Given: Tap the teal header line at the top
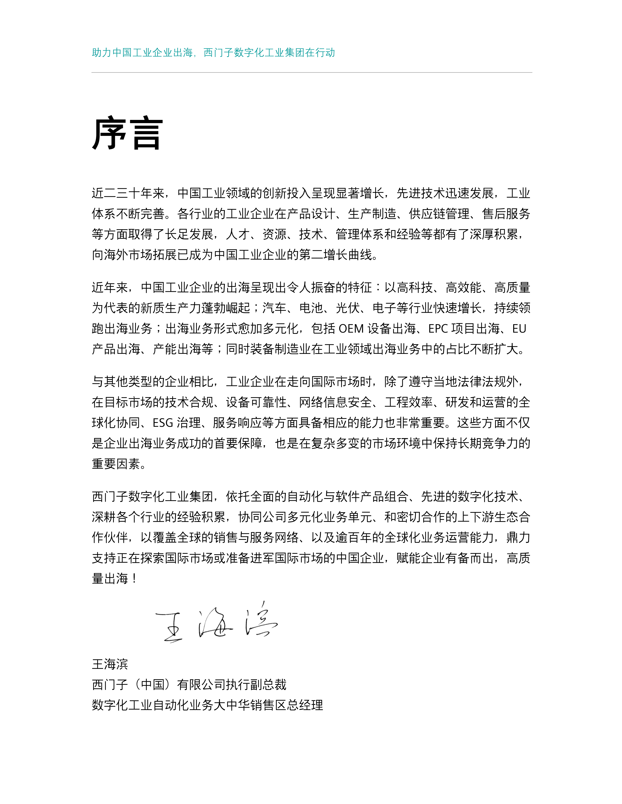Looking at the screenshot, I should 213,53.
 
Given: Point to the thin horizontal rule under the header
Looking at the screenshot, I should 311,73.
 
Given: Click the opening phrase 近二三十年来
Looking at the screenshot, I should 128,193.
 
